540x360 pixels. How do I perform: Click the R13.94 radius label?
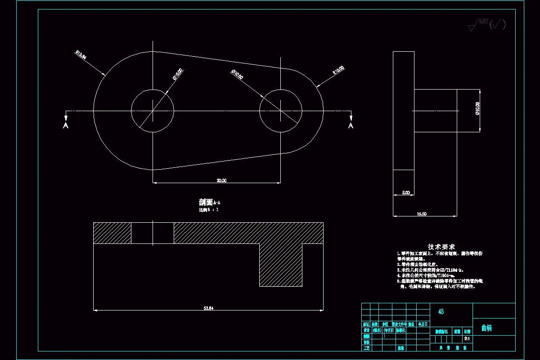point(81,54)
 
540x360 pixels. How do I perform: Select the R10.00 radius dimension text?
point(338,70)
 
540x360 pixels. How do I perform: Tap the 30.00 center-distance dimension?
point(221,180)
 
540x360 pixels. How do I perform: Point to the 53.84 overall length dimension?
point(208,308)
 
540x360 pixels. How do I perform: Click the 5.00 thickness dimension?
point(406,193)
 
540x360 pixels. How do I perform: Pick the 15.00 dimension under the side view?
point(422,214)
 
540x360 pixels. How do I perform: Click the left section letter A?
point(66,126)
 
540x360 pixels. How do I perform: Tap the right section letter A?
point(351,126)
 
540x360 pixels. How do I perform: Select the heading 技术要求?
point(441,247)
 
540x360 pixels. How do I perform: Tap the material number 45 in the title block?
point(441,311)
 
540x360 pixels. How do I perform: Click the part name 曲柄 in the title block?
point(486,328)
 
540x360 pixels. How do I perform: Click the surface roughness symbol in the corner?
point(487,25)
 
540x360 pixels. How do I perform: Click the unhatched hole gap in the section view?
point(153,233)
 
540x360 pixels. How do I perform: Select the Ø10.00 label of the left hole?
point(178,74)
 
